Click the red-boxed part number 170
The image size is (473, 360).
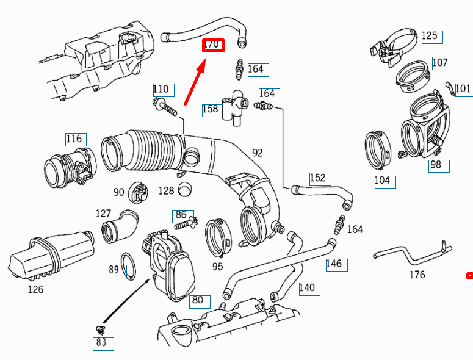[214, 45]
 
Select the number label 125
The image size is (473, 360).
[430, 36]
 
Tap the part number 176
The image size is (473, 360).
[417, 275]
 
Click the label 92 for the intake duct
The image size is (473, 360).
[257, 153]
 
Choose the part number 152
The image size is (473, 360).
[317, 178]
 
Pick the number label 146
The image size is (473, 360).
[334, 264]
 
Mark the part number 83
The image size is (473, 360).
[101, 342]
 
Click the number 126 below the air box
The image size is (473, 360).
[35, 289]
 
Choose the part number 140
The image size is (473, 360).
[307, 288]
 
